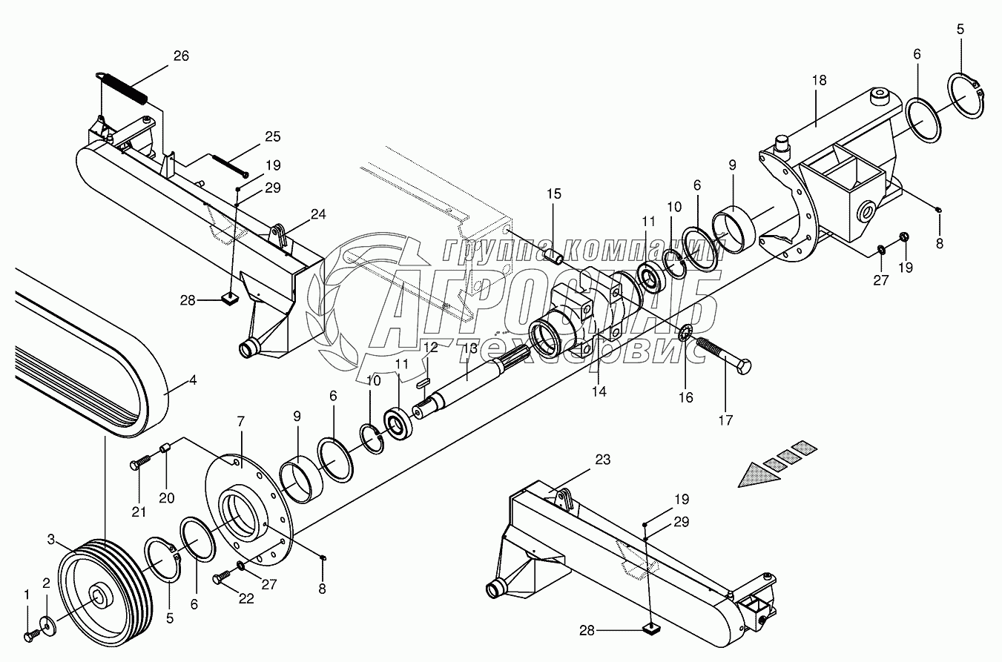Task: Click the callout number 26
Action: point(181,56)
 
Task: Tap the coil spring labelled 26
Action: point(124,86)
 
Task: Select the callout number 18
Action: point(819,79)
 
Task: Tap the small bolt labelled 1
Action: point(30,635)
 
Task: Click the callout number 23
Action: point(602,460)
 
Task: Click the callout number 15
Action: point(554,194)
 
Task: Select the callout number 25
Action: point(272,136)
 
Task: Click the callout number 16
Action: point(685,397)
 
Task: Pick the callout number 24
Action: point(318,215)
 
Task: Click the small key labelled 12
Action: point(423,383)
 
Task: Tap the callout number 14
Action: point(599,391)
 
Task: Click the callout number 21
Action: point(139,512)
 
